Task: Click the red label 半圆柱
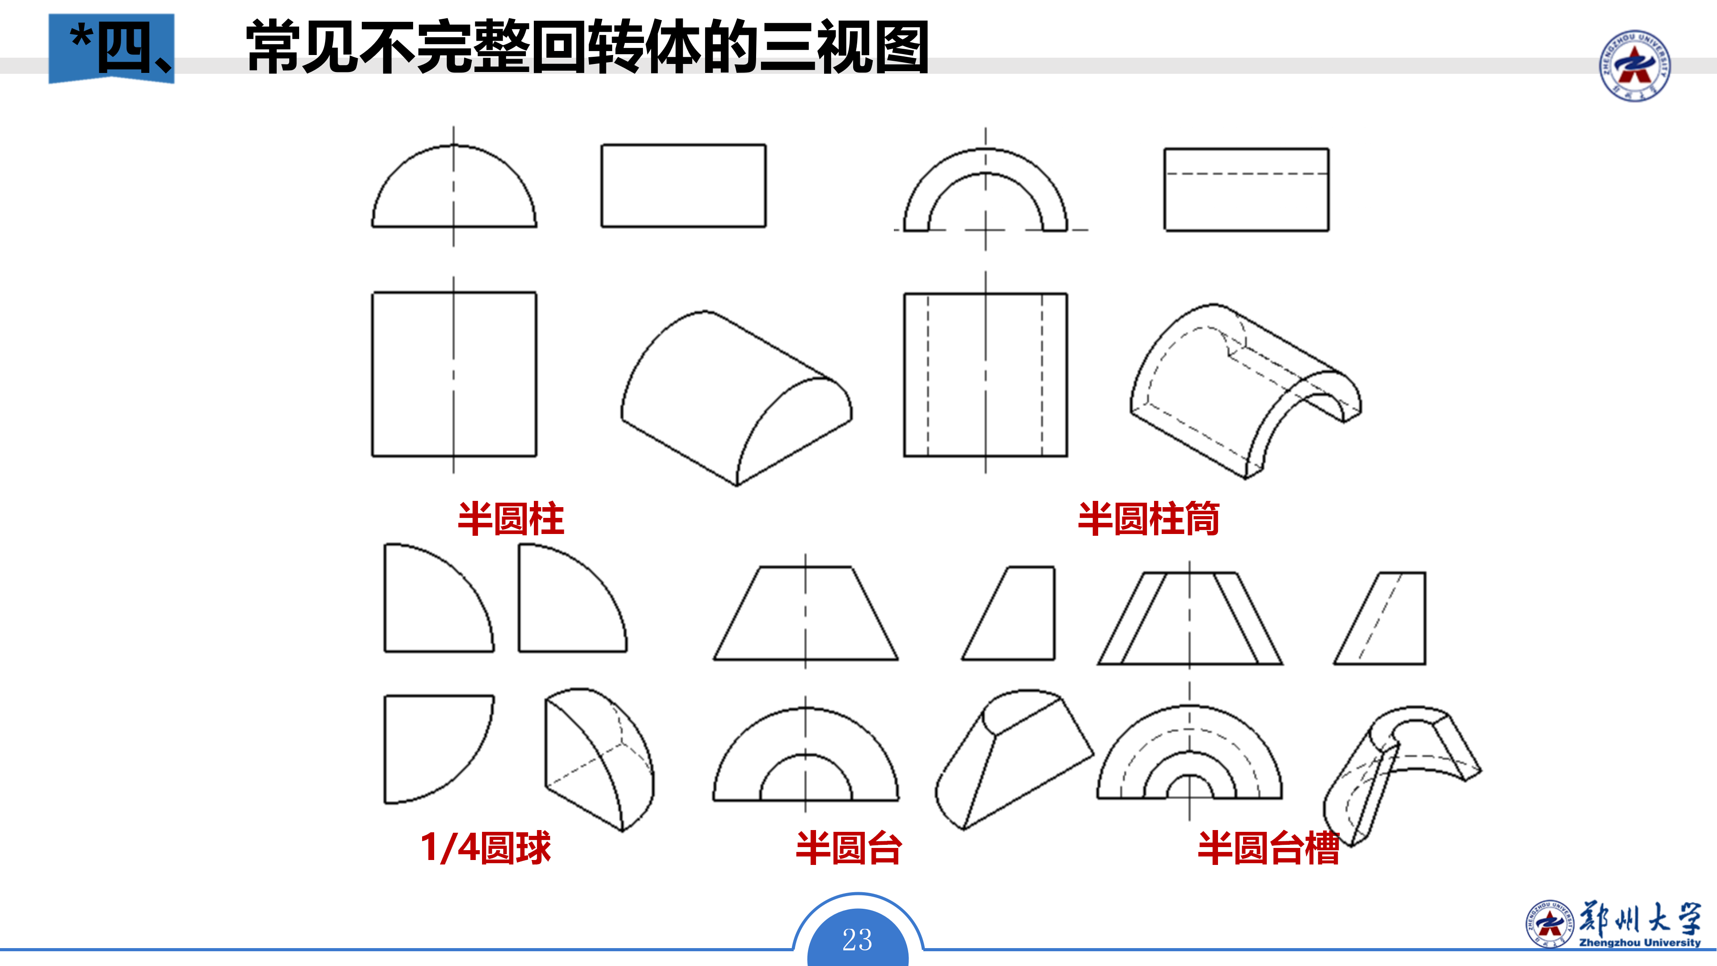click(511, 519)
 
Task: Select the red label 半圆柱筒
click(1148, 519)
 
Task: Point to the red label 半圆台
click(849, 848)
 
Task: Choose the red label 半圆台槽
click(1269, 848)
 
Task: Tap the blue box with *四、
click(111, 48)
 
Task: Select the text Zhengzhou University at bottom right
click(1640, 943)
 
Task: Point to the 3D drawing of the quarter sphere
click(598, 760)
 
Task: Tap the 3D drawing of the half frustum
click(1013, 760)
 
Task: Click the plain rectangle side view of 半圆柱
click(683, 185)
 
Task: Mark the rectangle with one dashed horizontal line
click(1246, 190)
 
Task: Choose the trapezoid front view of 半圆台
click(805, 613)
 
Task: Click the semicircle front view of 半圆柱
click(454, 190)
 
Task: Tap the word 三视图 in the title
click(843, 47)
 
